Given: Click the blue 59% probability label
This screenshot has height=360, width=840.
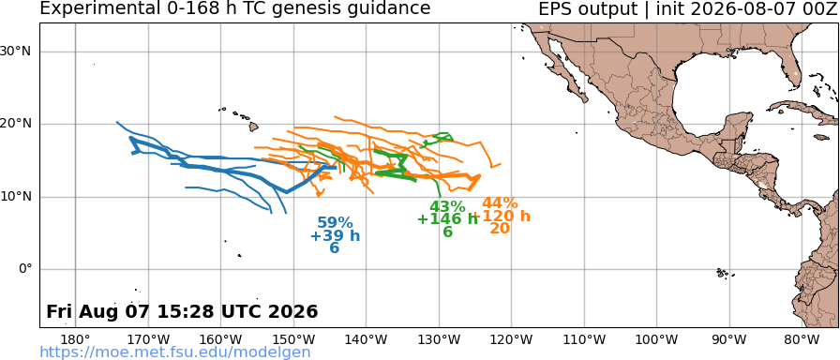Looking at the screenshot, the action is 335,223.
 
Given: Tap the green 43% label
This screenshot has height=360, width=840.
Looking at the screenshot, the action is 447,206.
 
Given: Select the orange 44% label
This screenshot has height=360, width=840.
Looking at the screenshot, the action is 500,203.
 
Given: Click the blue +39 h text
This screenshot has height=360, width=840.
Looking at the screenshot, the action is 335,235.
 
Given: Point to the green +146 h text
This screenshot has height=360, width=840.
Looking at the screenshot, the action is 447,219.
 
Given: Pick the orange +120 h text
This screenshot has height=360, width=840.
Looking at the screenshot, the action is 503,216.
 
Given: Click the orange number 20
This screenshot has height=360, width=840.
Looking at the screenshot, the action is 500,228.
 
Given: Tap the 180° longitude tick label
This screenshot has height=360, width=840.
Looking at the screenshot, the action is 76,339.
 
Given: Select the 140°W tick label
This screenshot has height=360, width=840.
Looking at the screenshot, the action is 367,339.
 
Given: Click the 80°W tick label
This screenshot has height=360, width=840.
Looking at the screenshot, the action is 802,339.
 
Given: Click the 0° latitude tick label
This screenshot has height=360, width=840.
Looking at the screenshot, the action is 24,269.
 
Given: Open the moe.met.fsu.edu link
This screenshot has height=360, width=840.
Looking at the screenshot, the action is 175,352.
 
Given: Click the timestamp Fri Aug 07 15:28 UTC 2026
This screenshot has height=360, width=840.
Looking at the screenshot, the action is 182,312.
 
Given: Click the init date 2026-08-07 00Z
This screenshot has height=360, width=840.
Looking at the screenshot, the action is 756,8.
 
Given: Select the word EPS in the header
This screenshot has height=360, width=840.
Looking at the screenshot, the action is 556,8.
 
